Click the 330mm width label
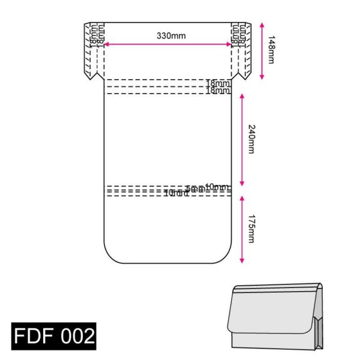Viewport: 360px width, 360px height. (171, 35)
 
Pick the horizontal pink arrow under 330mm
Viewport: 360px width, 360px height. (167, 44)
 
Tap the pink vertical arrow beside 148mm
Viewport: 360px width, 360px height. (262, 50)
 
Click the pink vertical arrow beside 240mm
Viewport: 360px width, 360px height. (242, 139)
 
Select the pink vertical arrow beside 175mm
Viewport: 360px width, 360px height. (242, 229)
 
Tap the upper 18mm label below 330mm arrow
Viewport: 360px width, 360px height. (218, 83)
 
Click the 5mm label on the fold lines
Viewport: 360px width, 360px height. (193, 189)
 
